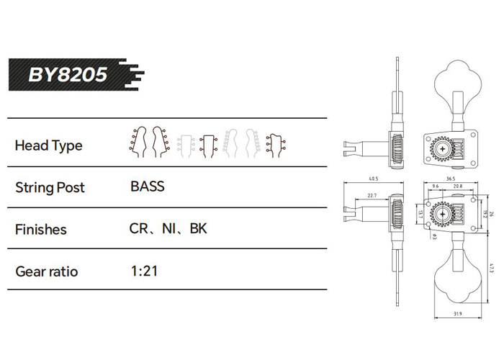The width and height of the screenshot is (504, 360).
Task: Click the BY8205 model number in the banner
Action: tap(68, 75)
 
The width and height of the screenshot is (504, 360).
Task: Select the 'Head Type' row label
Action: tap(48, 145)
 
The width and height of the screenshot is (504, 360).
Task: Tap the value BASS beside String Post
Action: tap(148, 186)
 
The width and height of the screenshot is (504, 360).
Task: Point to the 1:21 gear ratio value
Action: tap(144, 271)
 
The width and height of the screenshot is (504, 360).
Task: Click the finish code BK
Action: tap(198, 228)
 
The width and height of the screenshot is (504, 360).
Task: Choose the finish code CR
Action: tap(138, 228)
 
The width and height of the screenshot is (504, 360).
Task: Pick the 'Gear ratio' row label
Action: tap(47, 271)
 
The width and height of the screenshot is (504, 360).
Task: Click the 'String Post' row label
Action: tap(50, 187)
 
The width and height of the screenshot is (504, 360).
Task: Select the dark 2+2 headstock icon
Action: tap(208, 146)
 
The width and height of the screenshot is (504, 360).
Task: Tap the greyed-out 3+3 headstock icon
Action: tap(186, 146)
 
